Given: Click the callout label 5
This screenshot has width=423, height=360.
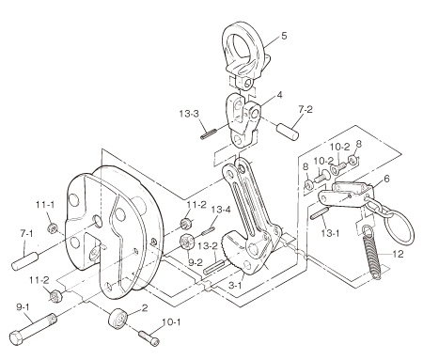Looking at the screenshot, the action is click(x=284, y=36).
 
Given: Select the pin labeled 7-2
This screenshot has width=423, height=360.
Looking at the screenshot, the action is click(x=288, y=133).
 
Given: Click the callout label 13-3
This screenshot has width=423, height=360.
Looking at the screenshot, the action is click(x=189, y=114).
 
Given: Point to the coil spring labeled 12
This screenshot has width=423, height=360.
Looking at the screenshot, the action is click(x=372, y=252).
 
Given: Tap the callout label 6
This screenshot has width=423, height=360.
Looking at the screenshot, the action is click(x=386, y=179).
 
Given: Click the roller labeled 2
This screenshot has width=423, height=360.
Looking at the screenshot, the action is click(x=118, y=319).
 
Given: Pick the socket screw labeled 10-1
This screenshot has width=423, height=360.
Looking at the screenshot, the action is click(x=149, y=338).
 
